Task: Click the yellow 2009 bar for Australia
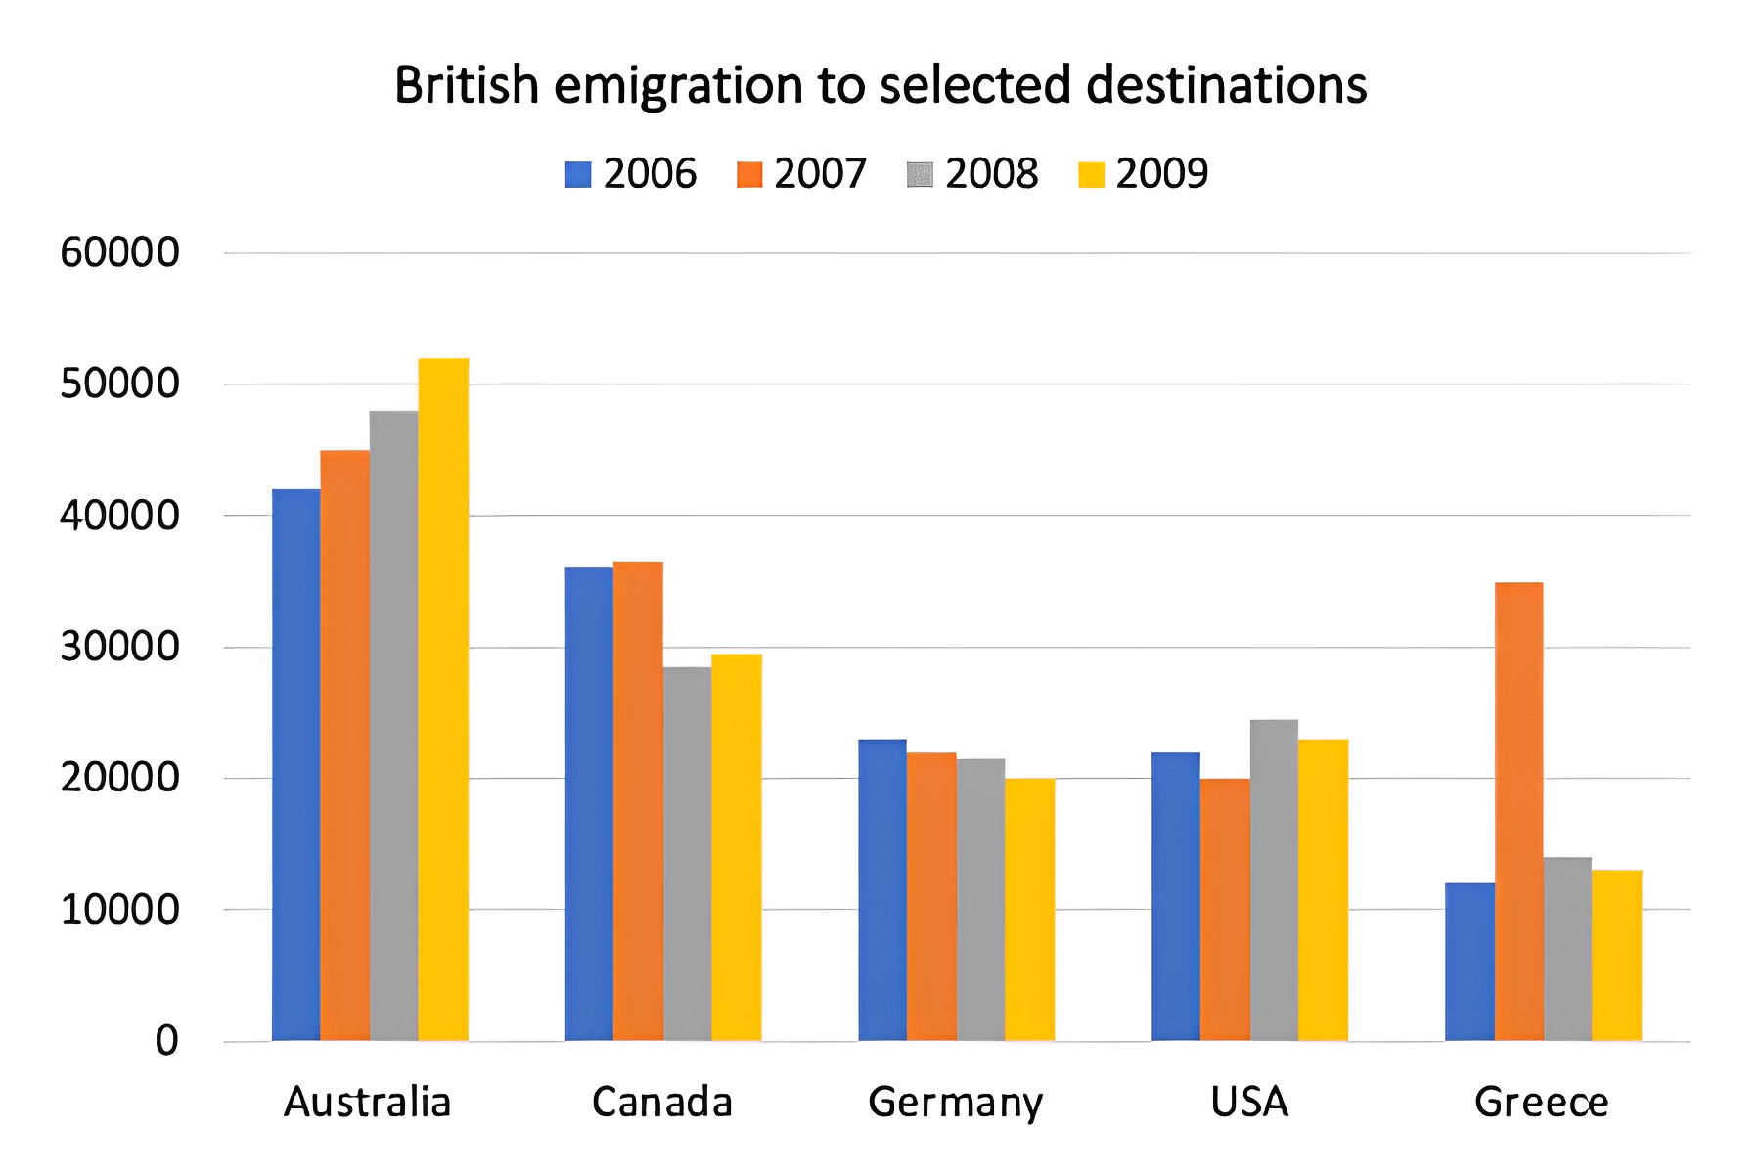[443, 699]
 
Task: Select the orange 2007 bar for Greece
[1518, 811]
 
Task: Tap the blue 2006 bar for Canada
[589, 803]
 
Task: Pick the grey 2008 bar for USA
[1274, 880]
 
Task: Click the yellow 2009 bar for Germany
[1029, 909]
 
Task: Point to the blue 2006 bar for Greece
[1469, 961]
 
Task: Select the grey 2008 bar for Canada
[687, 853]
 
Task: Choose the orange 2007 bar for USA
[1225, 909]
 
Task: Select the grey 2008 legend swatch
[920, 175]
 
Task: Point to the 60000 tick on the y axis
[119, 252]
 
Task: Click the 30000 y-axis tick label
[119, 647]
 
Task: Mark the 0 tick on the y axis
[166, 1041]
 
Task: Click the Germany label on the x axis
[955, 1103]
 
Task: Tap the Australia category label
[368, 1103]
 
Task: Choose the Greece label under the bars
[1541, 1103]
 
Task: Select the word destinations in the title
[1226, 85]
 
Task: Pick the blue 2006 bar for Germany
[882, 889]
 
